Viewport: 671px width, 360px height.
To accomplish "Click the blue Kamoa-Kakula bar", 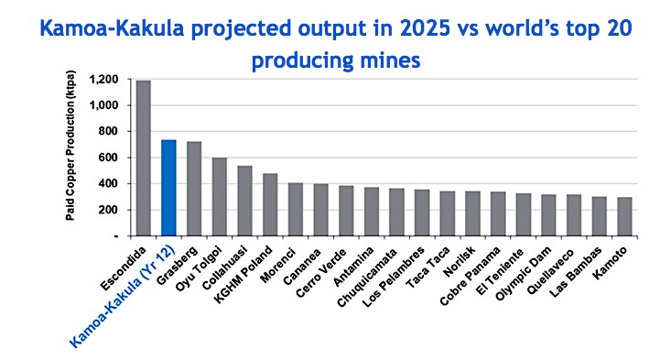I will coord(168,188).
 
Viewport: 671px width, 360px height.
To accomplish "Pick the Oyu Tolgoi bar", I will coord(219,197).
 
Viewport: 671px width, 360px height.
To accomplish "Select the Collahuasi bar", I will coord(244,201).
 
